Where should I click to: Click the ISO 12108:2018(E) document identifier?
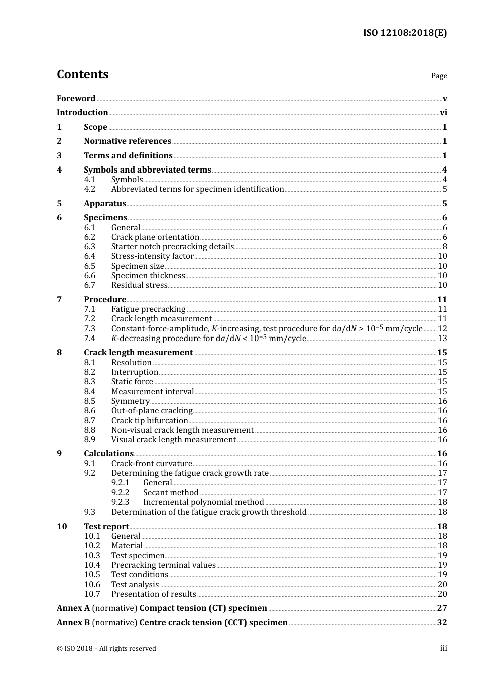point(405,33)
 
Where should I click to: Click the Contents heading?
point(82,74)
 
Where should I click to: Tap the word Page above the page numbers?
point(439,76)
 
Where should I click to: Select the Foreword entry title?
point(76,99)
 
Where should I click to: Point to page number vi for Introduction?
point(443,113)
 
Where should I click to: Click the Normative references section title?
point(128,141)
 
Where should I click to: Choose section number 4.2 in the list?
point(89,189)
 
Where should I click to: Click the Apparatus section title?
point(105,204)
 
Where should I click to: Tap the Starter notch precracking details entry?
point(173,247)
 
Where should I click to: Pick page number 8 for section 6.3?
point(445,247)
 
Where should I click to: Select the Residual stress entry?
point(139,285)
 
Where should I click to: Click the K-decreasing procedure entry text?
point(208,339)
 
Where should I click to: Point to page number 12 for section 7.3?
point(442,329)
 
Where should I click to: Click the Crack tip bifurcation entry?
point(150,421)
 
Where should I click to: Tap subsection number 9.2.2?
point(120,493)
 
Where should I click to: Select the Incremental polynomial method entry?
point(203,502)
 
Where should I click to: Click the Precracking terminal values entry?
point(163,565)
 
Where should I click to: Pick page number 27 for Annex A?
point(442,608)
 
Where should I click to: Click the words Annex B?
point(73,623)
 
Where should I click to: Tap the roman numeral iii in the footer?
point(443,648)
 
